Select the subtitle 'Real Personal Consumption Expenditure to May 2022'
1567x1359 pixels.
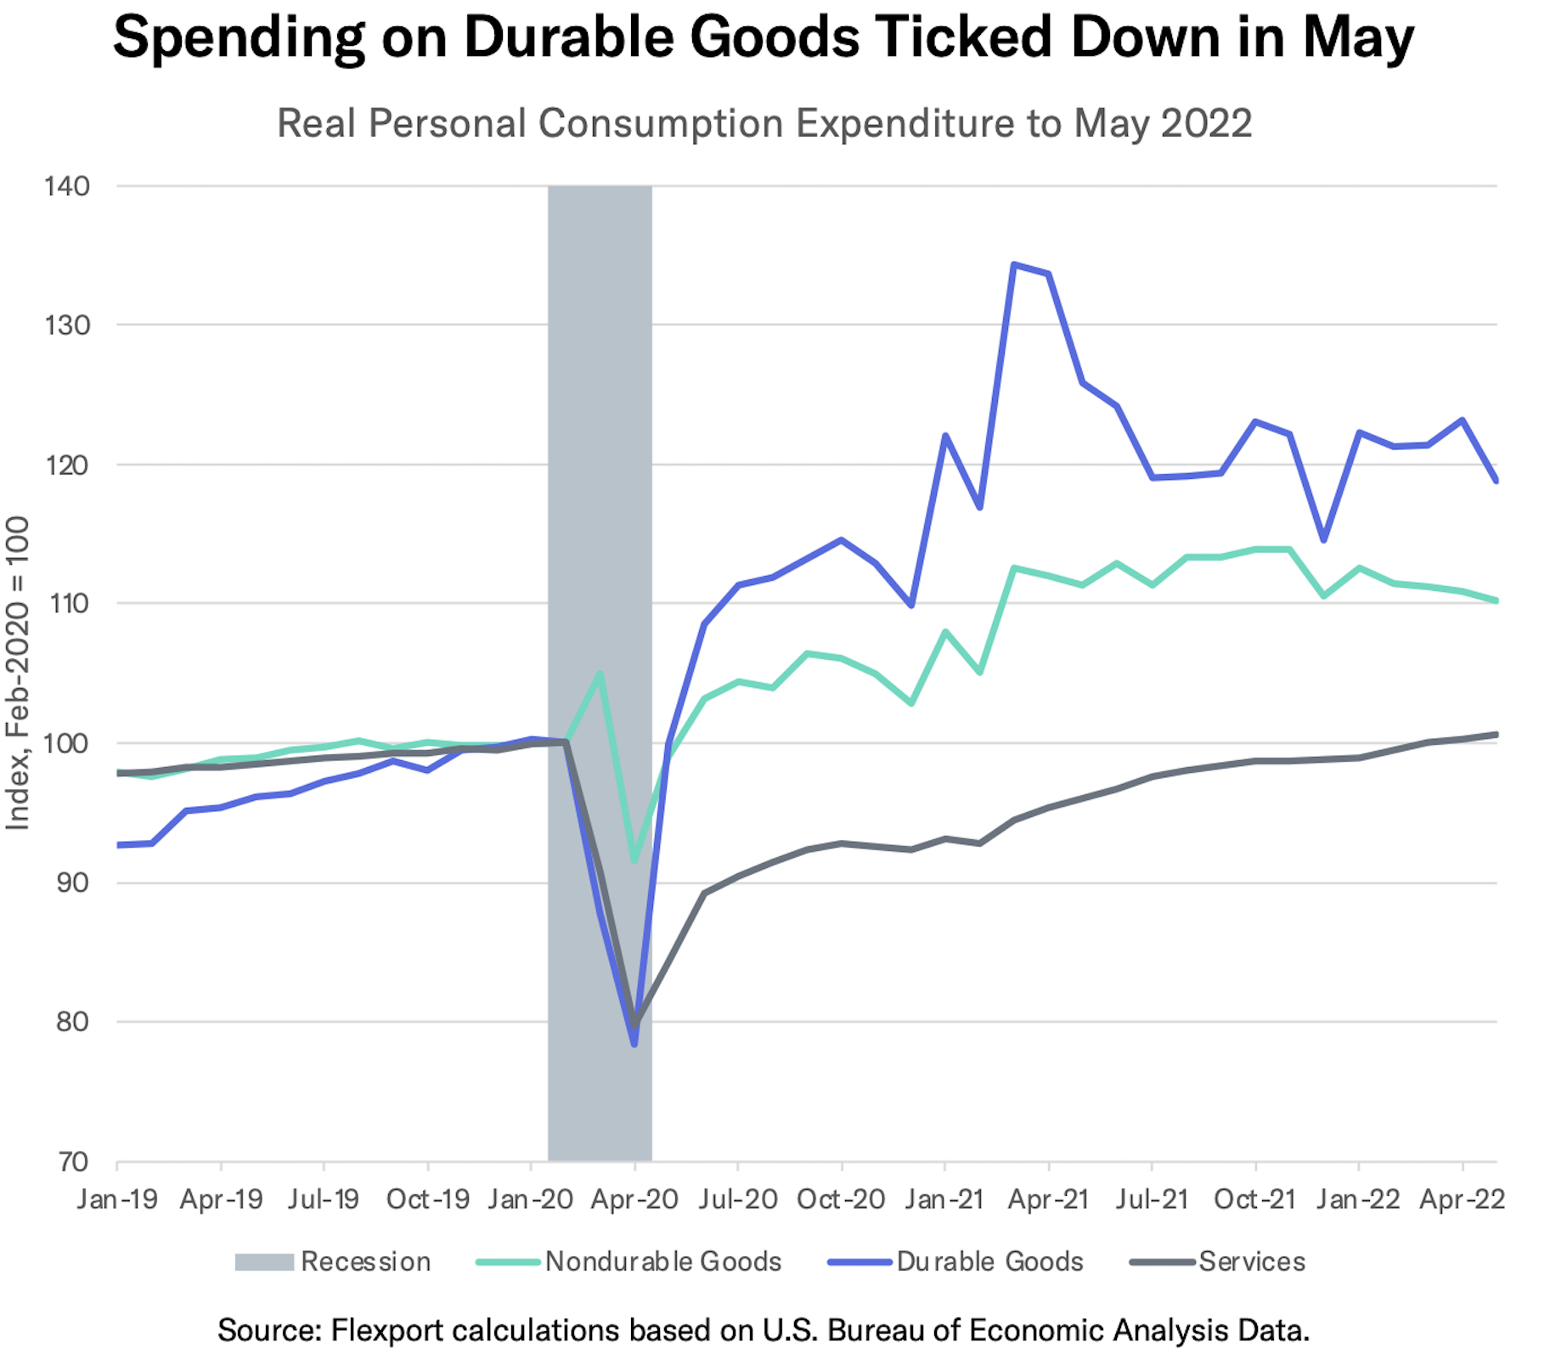[x=764, y=123]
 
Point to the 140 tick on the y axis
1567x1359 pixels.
[x=67, y=187]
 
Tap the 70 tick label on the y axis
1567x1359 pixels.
[x=72, y=1161]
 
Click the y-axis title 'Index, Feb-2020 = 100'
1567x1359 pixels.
[x=19, y=673]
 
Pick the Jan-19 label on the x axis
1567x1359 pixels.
[x=117, y=1199]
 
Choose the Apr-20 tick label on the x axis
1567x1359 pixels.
[x=634, y=1199]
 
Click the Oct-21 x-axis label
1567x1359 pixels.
[x=1254, y=1199]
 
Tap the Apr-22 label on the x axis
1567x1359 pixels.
[x=1462, y=1199]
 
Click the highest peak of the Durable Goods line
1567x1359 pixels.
[x=1013, y=264]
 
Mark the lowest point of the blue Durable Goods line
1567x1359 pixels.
[x=634, y=1044]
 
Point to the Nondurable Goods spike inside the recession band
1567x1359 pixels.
[x=600, y=674]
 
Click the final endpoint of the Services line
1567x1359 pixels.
[x=1496, y=735]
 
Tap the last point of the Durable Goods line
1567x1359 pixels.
[x=1496, y=481]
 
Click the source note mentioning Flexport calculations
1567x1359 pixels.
[x=764, y=1329]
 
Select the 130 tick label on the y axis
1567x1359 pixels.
[x=67, y=325]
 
